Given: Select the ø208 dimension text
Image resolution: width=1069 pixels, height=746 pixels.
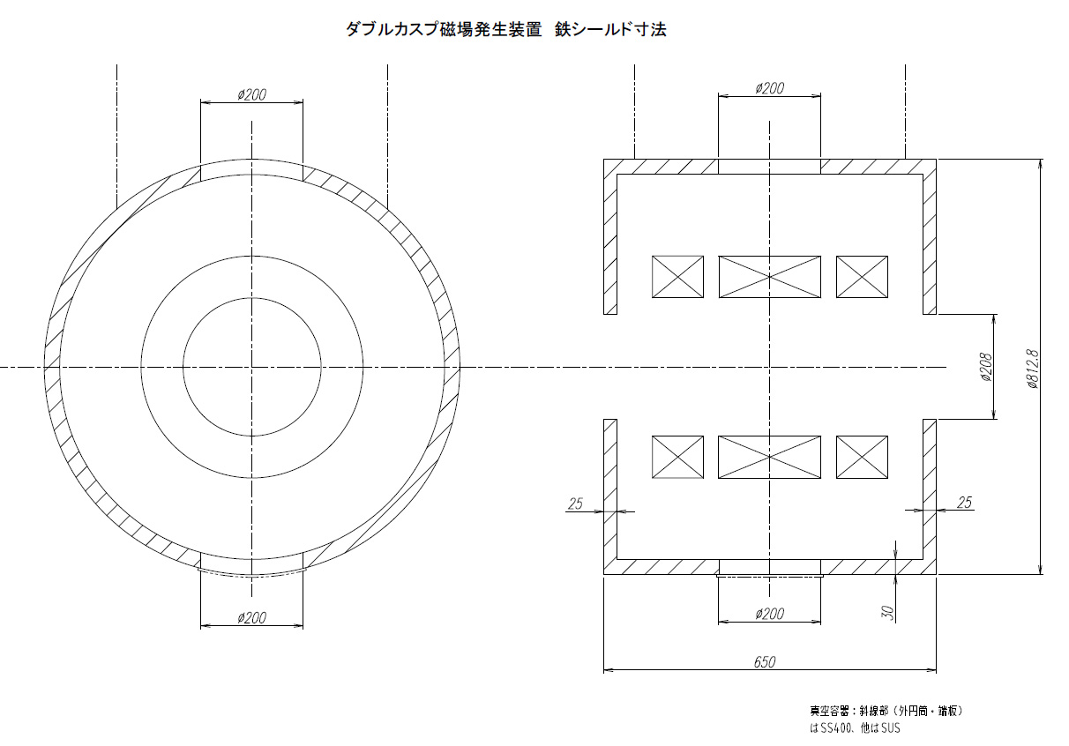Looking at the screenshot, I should tap(987, 366).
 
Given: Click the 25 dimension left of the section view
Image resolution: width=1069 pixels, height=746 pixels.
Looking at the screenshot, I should tap(575, 504).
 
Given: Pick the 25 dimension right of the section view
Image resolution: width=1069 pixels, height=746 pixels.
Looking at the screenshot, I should tap(964, 503).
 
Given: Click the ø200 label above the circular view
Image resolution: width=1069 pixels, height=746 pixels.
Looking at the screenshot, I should tap(252, 95).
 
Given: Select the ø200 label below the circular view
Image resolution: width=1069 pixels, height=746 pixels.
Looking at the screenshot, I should tap(252, 618).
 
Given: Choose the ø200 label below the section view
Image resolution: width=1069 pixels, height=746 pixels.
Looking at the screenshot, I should tap(769, 614).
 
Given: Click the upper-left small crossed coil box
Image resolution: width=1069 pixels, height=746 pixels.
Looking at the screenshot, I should tap(677, 276).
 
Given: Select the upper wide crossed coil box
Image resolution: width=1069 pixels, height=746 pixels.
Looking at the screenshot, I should tap(769, 276).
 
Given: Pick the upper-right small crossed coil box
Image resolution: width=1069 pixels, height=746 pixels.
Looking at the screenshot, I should tap(862, 276).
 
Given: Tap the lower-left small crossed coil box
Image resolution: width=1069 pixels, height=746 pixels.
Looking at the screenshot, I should tap(677, 457).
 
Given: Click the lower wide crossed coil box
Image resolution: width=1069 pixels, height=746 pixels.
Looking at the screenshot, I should tap(769, 457).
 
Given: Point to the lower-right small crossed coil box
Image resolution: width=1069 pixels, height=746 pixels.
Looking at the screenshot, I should tap(862, 457).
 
